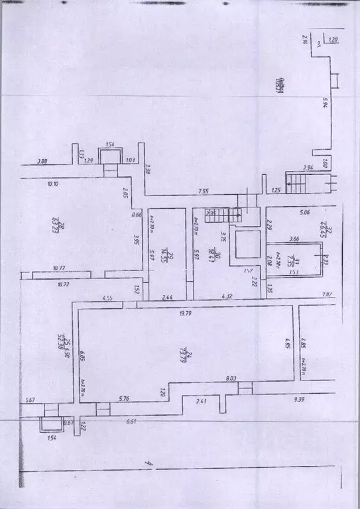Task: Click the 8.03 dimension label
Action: pos(231,378)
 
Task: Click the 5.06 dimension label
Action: pos(306,213)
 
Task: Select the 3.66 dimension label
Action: pos(295,240)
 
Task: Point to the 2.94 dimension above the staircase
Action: pos(308,168)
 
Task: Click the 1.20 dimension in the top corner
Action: pos(333,40)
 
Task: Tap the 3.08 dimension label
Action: pos(42,160)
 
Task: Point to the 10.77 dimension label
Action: pos(62,269)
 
